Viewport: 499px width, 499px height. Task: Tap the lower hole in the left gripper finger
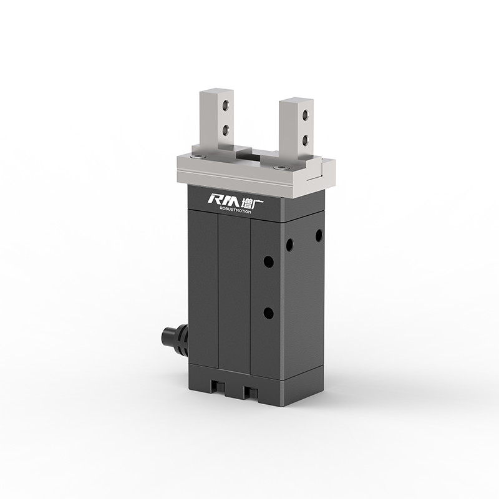point(225,130)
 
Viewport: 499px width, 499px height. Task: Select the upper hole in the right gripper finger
point(304,115)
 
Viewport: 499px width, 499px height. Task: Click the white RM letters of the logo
point(219,200)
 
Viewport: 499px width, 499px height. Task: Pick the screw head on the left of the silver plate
point(198,157)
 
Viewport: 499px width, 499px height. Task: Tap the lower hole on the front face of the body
point(268,312)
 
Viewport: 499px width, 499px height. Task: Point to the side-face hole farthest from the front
point(319,235)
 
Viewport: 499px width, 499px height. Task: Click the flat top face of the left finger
point(216,92)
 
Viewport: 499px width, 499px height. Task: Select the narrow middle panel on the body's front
point(234,293)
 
